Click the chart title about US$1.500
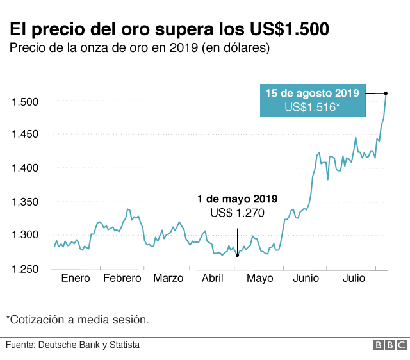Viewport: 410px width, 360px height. [x=169, y=29]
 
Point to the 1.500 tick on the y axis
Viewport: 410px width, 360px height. [x=26, y=101]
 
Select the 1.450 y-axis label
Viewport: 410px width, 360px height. [x=26, y=135]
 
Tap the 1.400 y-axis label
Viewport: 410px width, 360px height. [x=26, y=168]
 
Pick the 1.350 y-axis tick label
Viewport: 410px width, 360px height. [x=26, y=202]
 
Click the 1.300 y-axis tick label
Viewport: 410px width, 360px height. [x=26, y=235]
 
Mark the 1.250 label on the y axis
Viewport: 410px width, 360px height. [x=26, y=268]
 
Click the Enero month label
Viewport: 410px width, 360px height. [x=76, y=278]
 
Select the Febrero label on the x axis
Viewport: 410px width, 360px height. [x=122, y=278]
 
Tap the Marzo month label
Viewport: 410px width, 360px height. [x=168, y=278]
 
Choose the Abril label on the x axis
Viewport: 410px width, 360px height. [x=213, y=278]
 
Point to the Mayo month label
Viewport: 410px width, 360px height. [x=259, y=278]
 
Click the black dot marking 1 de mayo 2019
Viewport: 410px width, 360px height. [x=237, y=256]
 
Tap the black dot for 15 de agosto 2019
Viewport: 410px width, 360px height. [x=386, y=94]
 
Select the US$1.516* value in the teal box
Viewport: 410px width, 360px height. [x=312, y=107]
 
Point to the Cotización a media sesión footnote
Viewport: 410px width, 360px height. [x=78, y=318]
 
